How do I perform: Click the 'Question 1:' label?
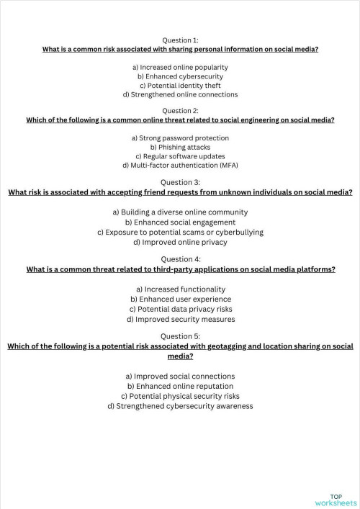pos(180,40)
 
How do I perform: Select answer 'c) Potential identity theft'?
pos(180,85)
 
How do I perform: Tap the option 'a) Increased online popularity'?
pos(180,67)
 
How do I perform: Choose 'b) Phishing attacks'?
pos(180,147)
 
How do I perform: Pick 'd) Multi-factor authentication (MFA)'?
pos(180,165)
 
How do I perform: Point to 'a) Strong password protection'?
pos(180,138)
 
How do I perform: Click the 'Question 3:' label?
pos(180,182)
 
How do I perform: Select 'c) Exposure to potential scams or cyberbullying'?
pos(180,233)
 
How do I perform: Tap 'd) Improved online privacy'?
pos(180,243)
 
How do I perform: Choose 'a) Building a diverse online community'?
pos(180,212)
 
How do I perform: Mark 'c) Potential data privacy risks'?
pos(180,309)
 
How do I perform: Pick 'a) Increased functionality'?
pos(180,289)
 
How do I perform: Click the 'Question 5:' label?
pos(180,336)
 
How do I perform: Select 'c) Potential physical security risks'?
pos(180,396)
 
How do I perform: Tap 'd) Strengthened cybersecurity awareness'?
pos(180,406)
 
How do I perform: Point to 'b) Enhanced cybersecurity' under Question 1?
pos(180,76)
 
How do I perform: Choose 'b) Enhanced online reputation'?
pos(180,386)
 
